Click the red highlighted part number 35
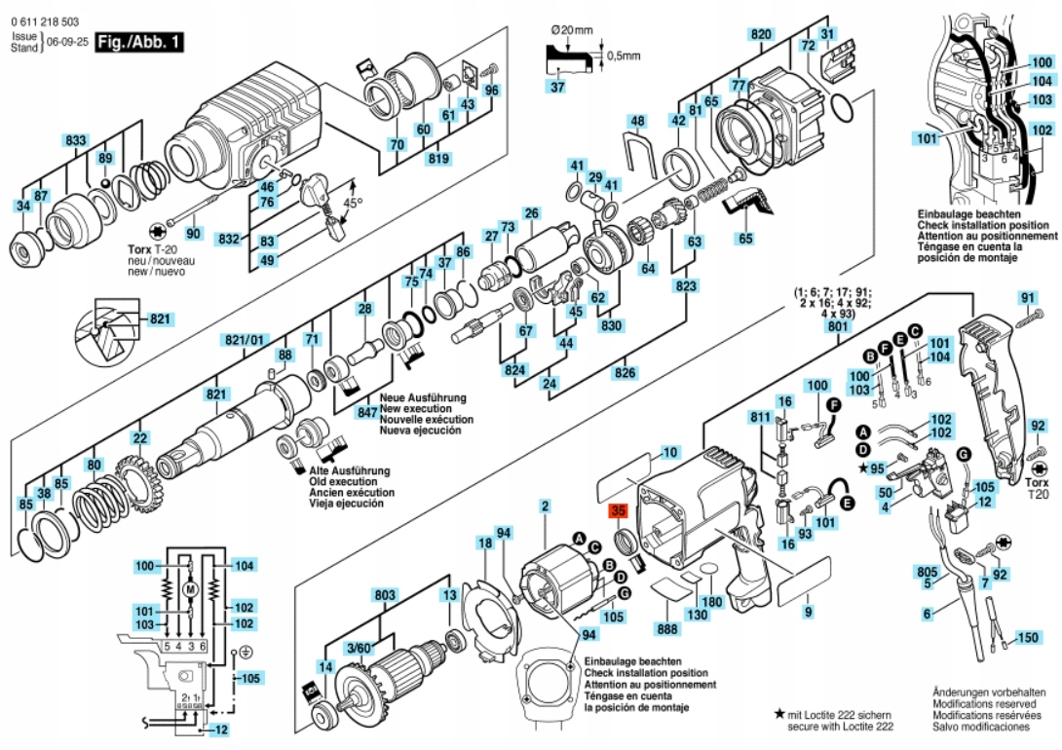point(618,511)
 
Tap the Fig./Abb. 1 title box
point(139,42)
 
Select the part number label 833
point(75,140)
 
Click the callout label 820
point(761,34)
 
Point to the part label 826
point(626,372)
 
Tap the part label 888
point(667,629)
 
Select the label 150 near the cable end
point(1028,638)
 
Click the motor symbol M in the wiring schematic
point(190,589)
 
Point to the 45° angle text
point(352,203)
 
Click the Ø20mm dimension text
point(572,30)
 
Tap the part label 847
point(366,412)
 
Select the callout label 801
point(837,326)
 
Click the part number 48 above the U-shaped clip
point(637,121)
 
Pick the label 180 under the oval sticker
point(712,602)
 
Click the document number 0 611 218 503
point(45,21)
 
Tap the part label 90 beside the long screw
point(193,234)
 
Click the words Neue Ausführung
point(423,398)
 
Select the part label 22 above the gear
point(139,438)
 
